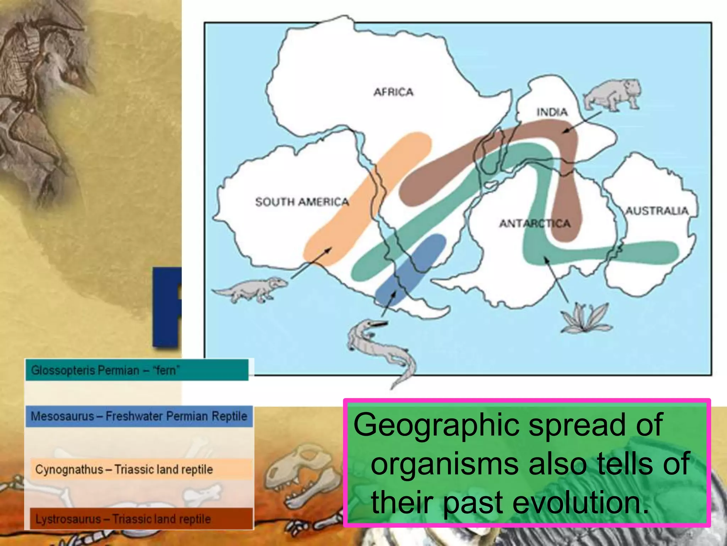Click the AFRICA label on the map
(x=393, y=92)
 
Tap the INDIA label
(x=552, y=112)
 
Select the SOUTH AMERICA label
(x=302, y=202)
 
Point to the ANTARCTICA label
(x=535, y=223)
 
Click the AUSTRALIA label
(x=657, y=211)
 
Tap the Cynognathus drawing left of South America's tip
(x=250, y=289)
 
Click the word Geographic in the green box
(x=436, y=425)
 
